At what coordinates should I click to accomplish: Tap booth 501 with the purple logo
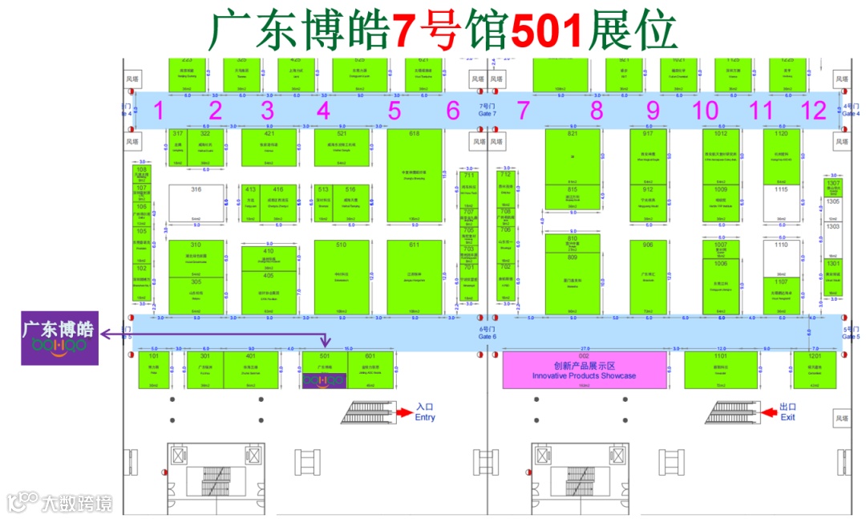point(324,371)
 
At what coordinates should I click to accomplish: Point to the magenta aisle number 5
point(395,111)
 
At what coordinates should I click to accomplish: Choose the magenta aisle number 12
point(814,111)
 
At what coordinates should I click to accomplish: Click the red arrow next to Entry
point(403,412)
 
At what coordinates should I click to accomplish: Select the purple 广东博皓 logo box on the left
point(59,338)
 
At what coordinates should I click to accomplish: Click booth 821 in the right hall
point(573,156)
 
